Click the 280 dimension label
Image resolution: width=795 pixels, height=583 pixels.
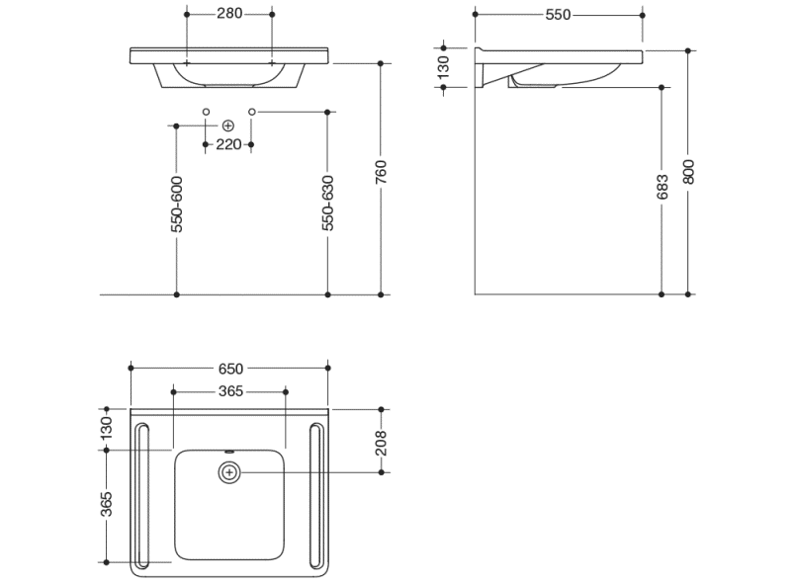229,14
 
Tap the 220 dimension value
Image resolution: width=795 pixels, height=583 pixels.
228,144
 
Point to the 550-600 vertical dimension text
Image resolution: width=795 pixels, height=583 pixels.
177,205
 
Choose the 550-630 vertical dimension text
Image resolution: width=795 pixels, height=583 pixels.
328,205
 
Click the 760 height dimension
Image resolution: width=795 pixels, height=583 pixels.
382,173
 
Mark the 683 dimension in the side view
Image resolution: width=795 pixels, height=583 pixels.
662,187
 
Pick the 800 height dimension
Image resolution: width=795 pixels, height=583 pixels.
689,173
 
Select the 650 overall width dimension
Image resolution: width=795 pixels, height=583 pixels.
229,369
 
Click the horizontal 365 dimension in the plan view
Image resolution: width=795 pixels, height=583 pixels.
229,391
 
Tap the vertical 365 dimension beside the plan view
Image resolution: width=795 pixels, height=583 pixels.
107,504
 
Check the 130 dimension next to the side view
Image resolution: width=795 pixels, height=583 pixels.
444,66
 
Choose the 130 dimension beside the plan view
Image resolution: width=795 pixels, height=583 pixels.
107,427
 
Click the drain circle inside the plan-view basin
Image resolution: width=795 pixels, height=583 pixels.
229,473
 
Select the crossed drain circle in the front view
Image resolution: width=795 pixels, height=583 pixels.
228,125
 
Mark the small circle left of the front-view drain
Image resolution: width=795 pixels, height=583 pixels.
206,112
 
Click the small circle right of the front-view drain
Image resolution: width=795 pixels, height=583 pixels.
252,112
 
